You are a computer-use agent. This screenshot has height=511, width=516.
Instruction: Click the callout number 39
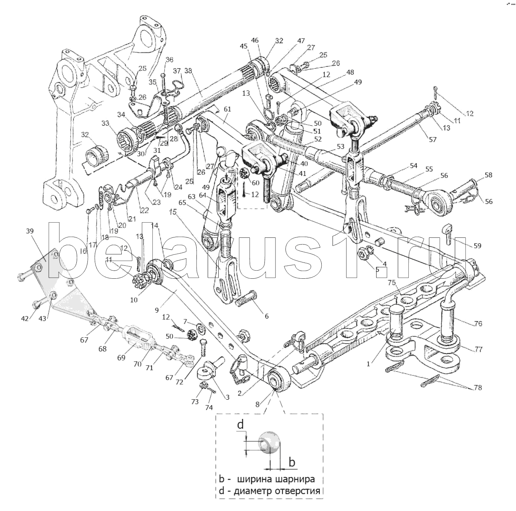tap(30, 231)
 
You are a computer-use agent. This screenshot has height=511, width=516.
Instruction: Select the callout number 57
tap(432, 139)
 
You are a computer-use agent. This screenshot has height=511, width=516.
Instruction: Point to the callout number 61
tap(227, 109)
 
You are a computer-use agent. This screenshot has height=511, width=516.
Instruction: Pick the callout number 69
tap(121, 357)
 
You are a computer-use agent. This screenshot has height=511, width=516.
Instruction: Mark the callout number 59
tap(477, 246)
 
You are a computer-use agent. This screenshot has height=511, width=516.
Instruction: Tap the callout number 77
tap(478, 349)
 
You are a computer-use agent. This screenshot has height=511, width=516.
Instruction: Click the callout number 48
tap(350, 72)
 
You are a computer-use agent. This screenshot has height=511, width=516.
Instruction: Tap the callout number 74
tap(209, 407)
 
